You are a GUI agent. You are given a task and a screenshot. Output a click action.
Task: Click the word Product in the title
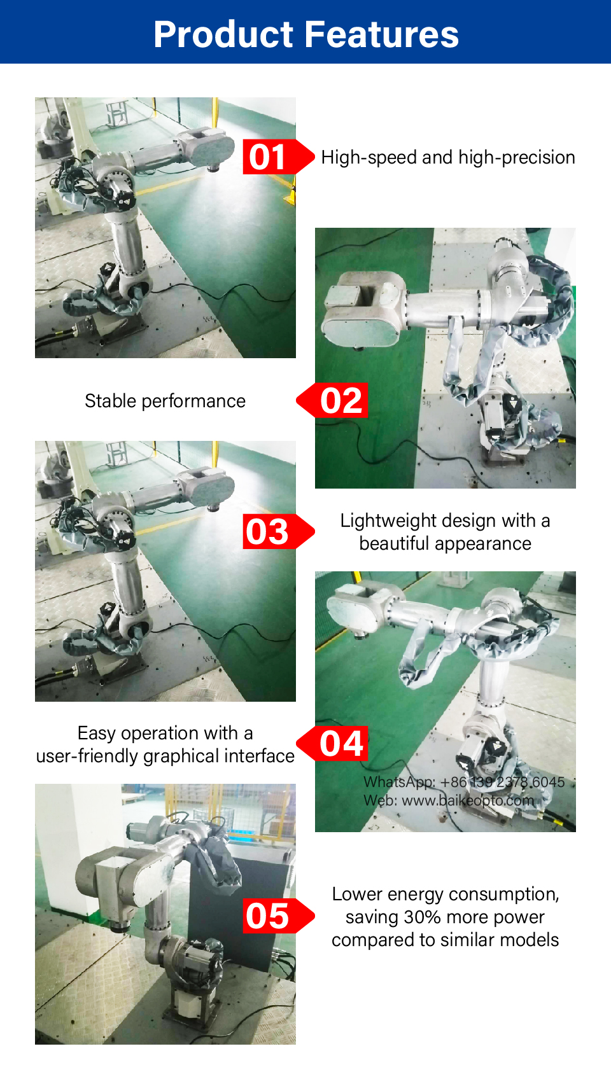pos(223,35)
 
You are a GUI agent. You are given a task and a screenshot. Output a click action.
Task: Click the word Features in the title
pos(382,35)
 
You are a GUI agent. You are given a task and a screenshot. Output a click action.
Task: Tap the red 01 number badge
pos(278,157)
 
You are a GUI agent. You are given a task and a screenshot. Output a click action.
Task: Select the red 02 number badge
pos(332,400)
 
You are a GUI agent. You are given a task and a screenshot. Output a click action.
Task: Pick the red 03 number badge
pos(278,531)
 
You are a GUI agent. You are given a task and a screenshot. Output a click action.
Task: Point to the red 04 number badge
pos(332,744)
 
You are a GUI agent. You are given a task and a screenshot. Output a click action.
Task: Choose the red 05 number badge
pos(278,916)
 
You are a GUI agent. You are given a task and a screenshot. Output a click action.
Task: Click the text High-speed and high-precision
pos(448,158)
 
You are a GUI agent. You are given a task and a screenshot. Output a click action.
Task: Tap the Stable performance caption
pos(165,401)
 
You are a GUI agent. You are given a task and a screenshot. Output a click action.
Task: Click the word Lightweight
pos(388,521)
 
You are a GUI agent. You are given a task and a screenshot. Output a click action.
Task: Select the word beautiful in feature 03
pos(394,543)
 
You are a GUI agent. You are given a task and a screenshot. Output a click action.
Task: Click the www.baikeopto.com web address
pos(468,800)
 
